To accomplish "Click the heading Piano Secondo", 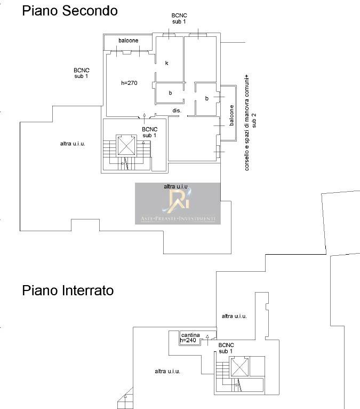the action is click(70, 11).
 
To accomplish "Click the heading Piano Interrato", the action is click(68, 290).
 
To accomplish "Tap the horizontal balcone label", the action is click(128, 41).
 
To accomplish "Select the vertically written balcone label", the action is click(231, 115).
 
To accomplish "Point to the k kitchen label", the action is click(167, 63).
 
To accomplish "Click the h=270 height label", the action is click(129, 83).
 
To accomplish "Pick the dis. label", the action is click(177, 111).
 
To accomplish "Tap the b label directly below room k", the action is click(170, 93).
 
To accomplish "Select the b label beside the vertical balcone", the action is click(207, 98).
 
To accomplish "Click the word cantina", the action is click(190, 335).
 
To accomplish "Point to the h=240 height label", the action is click(188, 340).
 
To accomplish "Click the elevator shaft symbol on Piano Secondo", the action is click(126, 146).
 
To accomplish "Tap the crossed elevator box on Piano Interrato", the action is click(239, 367).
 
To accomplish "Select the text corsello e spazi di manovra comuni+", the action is click(247, 123).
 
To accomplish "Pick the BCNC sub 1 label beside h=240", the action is click(226, 348).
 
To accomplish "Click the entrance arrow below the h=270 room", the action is click(145, 119).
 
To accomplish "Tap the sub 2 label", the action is click(254, 120).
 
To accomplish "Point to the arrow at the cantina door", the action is click(207, 341).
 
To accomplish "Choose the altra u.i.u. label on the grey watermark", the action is click(176, 186).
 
